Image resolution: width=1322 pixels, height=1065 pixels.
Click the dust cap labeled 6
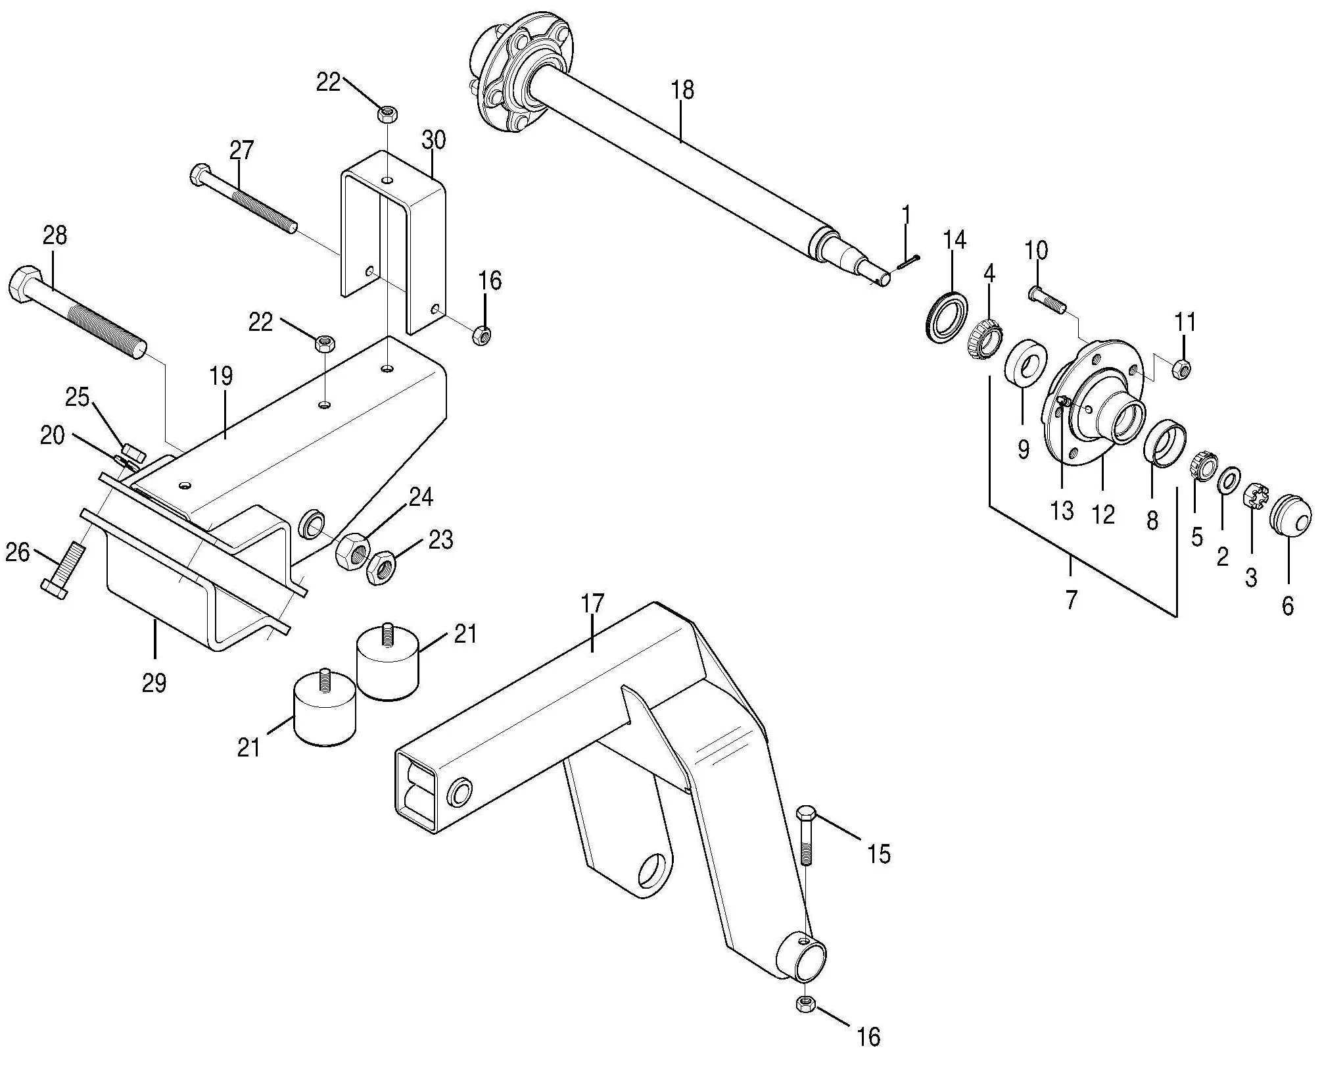pyautogui.click(x=1290, y=515)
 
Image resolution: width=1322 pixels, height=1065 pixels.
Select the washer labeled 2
pyautogui.click(x=1228, y=480)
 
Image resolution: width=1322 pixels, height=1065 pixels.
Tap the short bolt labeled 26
pyautogui.click(x=62, y=570)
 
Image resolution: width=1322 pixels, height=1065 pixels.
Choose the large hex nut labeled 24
pyautogui.click(x=352, y=551)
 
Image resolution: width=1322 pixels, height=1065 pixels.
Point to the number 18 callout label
pyautogui.click(x=683, y=90)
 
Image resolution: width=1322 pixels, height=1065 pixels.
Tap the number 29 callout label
pyautogui.click(x=154, y=683)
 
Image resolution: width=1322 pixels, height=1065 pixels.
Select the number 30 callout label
pyautogui.click(x=434, y=140)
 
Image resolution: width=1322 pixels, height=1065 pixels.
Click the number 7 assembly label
pyautogui.click(x=1072, y=600)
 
